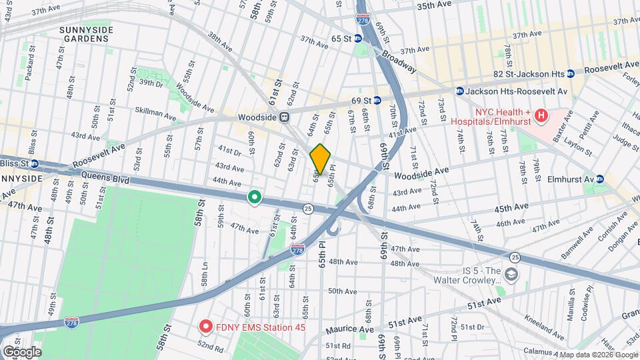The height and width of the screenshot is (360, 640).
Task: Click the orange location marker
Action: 320,159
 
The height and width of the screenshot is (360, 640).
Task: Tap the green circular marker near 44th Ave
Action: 254,197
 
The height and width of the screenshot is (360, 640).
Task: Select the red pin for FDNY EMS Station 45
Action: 206,327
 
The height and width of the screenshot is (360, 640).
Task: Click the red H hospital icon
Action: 541,116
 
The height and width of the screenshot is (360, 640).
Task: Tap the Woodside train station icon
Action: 284,117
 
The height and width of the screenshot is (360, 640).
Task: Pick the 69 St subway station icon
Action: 377,101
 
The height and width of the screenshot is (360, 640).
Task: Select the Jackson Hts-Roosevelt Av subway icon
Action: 459,91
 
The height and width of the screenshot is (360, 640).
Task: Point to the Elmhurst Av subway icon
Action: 599,179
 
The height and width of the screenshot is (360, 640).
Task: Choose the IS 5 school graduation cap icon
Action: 510,274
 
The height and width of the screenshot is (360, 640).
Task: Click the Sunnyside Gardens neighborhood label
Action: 95,34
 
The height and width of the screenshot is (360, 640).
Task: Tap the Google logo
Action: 22,351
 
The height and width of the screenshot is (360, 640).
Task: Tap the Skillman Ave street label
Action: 155,113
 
